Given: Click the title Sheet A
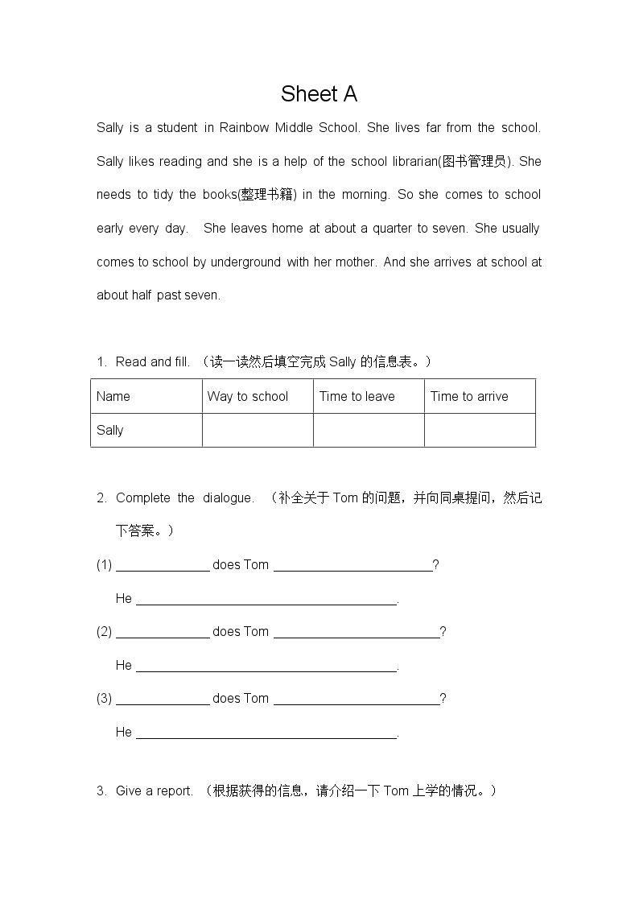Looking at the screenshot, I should [319, 94].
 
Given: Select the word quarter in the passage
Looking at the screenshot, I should [391, 228].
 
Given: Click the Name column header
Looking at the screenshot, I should [113, 396].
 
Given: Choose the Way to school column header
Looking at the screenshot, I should [248, 396].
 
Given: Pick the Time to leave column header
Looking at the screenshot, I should [357, 396].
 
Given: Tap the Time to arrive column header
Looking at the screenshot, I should [469, 396].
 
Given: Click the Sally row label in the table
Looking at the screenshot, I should [110, 430].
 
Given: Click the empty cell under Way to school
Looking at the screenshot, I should [258, 430].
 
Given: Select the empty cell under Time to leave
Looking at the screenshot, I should [369, 430].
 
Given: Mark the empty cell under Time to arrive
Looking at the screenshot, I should [480, 430].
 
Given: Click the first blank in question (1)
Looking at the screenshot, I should [163, 565].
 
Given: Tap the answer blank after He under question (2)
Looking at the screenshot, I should [266, 666].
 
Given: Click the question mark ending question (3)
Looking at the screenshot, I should [443, 699].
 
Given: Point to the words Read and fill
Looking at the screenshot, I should [153, 362].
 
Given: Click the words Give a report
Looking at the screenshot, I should [155, 790].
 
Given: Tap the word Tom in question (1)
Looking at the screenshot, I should [256, 565].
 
